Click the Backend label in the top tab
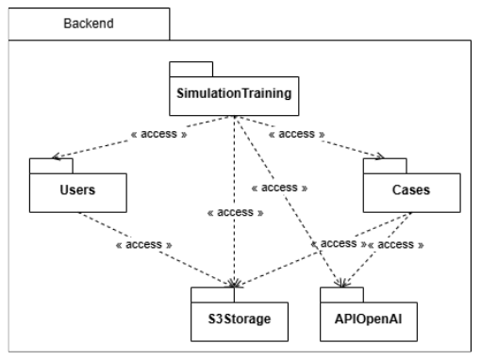(89, 24)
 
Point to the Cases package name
(409, 190)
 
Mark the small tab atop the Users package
(43, 166)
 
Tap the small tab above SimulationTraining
(191, 68)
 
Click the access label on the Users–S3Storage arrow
(143, 244)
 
